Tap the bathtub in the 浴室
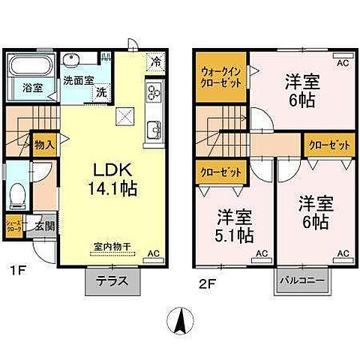(x=28, y=68)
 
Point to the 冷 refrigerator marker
(x=155, y=63)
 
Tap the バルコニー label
(x=297, y=282)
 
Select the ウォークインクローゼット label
(x=220, y=77)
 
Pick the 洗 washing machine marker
(x=100, y=93)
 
